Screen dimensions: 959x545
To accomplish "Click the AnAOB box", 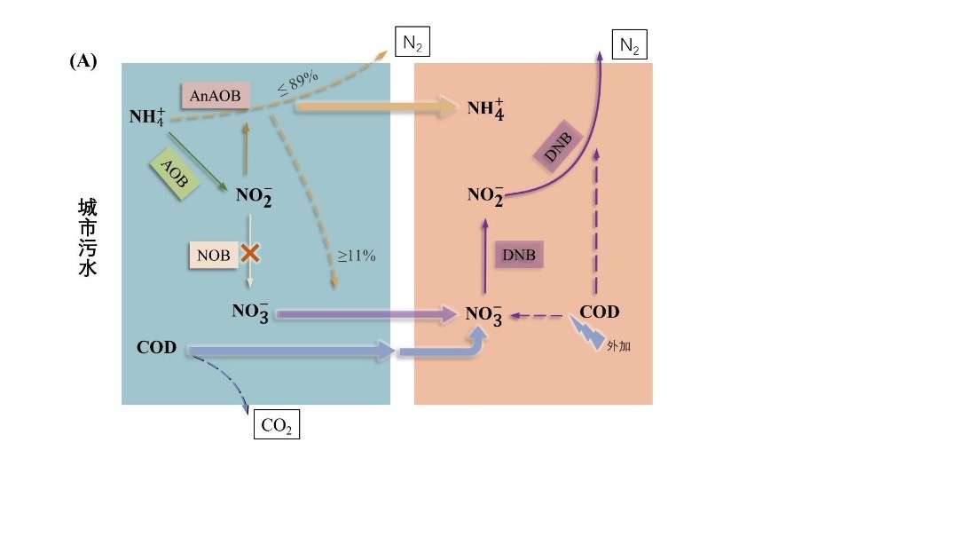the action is pyautogui.click(x=216, y=96).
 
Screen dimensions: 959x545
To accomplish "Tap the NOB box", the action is pyautogui.click(x=214, y=255).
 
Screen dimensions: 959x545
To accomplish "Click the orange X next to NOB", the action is pyautogui.click(x=249, y=253).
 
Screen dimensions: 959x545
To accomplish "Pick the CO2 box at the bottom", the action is pyautogui.click(x=277, y=424).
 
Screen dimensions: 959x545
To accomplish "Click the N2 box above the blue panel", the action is pyautogui.click(x=413, y=43).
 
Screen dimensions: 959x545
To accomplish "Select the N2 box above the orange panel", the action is pyautogui.click(x=629, y=44).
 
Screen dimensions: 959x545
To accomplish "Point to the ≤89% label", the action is pyautogui.click(x=298, y=83).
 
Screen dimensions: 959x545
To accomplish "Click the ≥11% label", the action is pyautogui.click(x=357, y=256).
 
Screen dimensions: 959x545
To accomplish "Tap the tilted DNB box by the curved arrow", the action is pyautogui.click(x=557, y=146).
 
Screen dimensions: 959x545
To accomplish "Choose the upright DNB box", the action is pyautogui.click(x=519, y=255).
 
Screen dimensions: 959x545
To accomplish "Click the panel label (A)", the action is pyautogui.click(x=83, y=61).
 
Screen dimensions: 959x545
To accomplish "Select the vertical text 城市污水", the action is pyautogui.click(x=88, y=237).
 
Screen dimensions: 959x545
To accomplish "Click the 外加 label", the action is pyautogui.click(x=618, y=346).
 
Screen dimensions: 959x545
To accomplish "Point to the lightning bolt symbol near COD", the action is pyautogui.click(x=587, y=333).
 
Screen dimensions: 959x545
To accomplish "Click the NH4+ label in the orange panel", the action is pyautogui.click(x=485, y=109).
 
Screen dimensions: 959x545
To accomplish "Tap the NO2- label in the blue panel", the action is pyautogui.click(x=254, y=196).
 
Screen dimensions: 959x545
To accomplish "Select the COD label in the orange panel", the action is pyautogui.click(x=600, y=312).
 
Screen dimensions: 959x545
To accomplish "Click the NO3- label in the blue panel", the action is pyautogui.click(x=250, y=312).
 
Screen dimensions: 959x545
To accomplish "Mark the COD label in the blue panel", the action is pyautogui.click(x=156, y=347).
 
